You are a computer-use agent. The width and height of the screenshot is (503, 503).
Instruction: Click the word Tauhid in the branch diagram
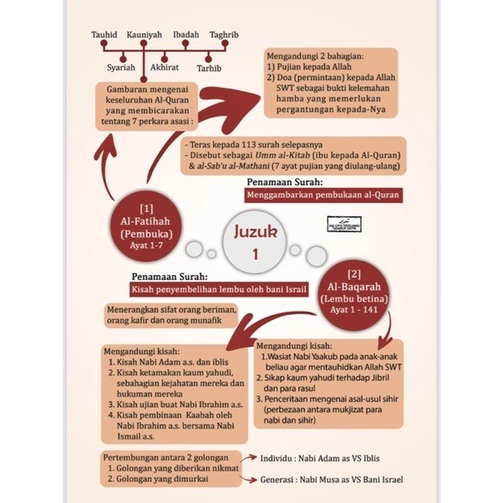click(x=106, y=35)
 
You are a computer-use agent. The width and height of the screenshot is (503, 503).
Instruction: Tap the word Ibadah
click(x=185, y=35)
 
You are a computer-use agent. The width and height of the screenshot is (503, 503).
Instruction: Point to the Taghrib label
click(x=225, y=35)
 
